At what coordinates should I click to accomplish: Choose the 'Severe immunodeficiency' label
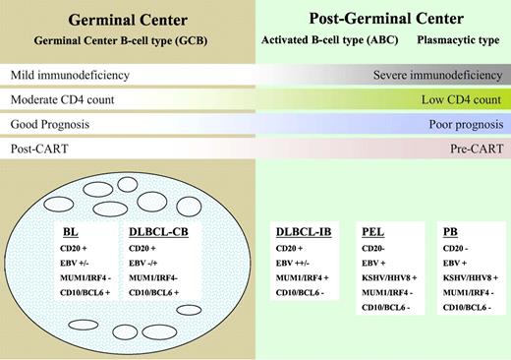coord(438,76)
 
